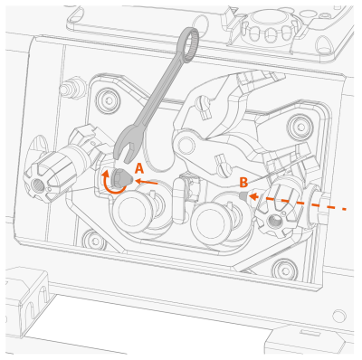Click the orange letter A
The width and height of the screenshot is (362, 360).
pos(138,168)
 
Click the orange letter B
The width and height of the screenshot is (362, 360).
pos(243,182)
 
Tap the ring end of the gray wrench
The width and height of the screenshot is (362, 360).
pos(189,44)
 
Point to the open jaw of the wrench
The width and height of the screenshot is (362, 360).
pos(126,148)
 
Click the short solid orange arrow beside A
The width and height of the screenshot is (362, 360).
pos(147,182)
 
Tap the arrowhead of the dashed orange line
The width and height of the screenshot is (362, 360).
pos(254,196)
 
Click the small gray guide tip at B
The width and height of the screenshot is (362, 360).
pos(243,195)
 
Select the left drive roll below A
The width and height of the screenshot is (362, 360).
pos(133,210)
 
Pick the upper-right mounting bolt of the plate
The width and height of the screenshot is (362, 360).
pos(300,125)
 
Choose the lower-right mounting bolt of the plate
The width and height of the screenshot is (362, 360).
pos(283,269)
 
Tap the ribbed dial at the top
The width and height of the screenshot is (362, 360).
pos(270,26)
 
